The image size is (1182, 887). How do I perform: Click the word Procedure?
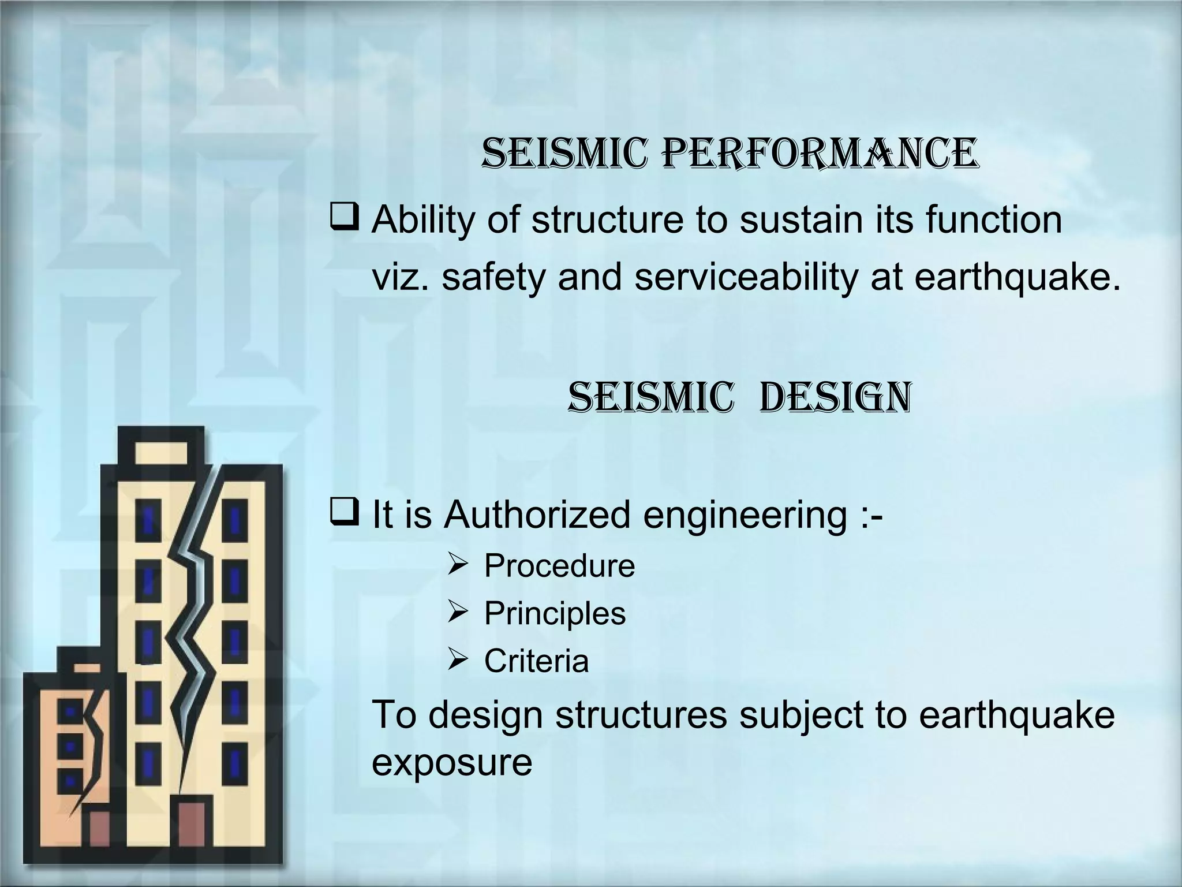(x=559, y=565)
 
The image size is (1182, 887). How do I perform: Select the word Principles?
(x=554, y=613)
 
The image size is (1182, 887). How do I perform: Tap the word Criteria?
(x=536, y=661)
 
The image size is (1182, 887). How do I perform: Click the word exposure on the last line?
(x=452, y=762)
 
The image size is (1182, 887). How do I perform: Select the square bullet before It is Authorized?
(x=345, y=513)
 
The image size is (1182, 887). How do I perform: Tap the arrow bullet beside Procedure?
(x=459, y=564)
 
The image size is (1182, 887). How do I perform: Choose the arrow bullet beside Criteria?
(x=459, y=659)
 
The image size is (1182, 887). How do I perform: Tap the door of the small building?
(x=100, y=838)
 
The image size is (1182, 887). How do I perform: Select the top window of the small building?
(x=70, y=711)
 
